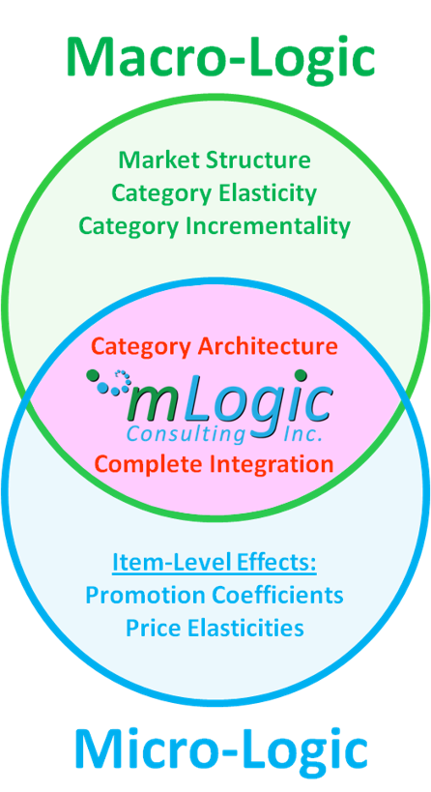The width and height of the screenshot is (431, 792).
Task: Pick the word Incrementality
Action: pos(269,225)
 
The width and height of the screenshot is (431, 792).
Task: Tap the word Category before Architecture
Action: pos(143,347)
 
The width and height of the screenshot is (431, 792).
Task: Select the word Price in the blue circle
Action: pos(149,628)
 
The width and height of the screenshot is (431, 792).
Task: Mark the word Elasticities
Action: pos(241,628)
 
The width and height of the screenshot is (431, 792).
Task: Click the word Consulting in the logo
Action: pos(186,434)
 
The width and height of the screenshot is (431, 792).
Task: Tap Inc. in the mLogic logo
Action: pos(302,433)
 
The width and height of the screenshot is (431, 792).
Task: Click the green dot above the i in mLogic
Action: pos(302,375)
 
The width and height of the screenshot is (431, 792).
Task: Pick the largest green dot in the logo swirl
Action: pos(93,375)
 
